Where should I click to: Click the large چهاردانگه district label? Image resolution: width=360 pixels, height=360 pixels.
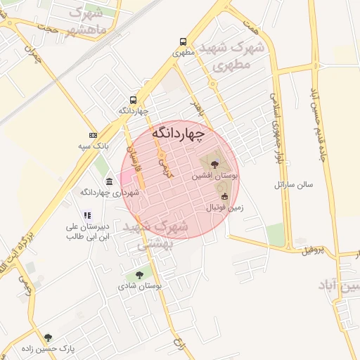pos(179,133)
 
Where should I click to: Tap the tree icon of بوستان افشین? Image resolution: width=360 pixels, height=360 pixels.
pos(214,163)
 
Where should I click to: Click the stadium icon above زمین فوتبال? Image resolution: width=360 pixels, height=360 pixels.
pos(224,196)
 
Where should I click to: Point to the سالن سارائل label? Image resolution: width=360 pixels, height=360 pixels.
pos(293,184)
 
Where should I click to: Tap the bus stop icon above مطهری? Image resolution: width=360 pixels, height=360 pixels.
pos(183,41)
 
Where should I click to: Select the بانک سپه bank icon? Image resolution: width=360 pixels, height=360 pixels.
pos(93,134)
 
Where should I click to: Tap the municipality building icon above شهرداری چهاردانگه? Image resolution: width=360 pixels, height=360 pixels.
pos(109,181)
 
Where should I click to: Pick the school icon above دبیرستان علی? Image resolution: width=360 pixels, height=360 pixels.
pos(86,215)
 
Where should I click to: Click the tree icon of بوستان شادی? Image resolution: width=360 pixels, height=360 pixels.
pos(139,275)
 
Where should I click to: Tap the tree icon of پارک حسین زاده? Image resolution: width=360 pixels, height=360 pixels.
pos(48,337)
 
